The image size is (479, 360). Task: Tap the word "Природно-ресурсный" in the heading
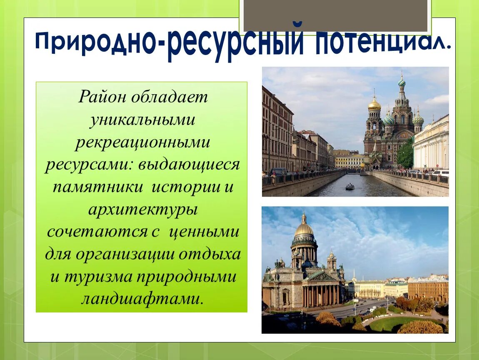click(170, 43)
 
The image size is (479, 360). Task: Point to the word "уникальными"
click(142, 120)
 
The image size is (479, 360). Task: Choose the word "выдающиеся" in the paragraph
click(189, 165)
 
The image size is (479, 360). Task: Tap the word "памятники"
click(98, 187)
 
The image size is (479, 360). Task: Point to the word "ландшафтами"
click(142, 299)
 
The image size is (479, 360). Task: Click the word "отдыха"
click(210, 254)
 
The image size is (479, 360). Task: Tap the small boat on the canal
click(350, 186)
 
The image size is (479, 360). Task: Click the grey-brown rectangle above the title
click(335, 15)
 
